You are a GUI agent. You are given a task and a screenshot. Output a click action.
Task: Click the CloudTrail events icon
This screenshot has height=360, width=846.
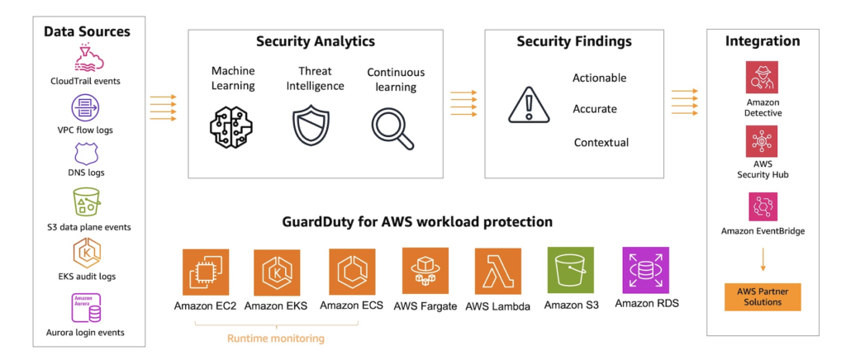click(86, 58)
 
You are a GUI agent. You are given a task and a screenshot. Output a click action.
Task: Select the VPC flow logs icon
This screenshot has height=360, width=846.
click(86, 107)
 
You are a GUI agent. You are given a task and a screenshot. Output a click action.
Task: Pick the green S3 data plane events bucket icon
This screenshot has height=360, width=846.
click(86, 202)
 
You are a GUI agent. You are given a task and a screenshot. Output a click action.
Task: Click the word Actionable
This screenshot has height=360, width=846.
click(599, 78)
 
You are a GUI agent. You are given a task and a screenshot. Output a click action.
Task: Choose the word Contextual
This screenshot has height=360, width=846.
click(601, 143)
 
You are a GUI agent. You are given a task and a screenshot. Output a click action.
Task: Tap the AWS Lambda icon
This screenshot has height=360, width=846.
click(497, 271)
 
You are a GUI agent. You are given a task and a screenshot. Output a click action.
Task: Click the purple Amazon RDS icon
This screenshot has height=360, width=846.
click(646, 270)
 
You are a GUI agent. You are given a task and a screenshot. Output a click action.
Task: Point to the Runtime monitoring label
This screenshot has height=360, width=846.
click(276, 338)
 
